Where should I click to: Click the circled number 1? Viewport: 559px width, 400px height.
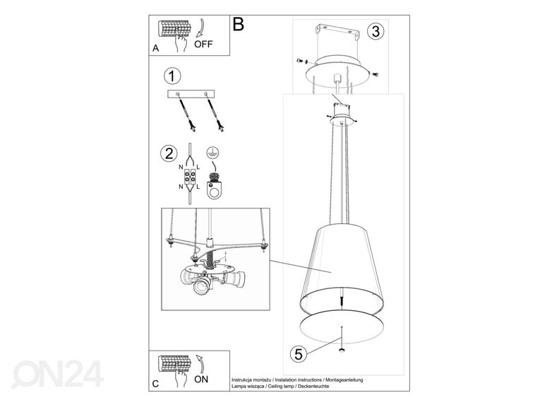tap(172, 76)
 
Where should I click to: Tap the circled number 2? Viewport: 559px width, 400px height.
tap(169, 153)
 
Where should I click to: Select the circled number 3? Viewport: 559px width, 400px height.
tap(375, 31)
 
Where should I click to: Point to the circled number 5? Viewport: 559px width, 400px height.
tap(299, 354)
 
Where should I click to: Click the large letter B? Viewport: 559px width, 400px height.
tap(238, 24)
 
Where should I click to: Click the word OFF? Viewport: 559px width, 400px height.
tap(203, 45)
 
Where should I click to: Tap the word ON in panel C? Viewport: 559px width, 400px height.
tap(201, 380)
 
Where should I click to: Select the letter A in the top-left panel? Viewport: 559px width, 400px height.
tap(155, 48)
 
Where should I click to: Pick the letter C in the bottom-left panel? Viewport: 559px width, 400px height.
tap(155, 384)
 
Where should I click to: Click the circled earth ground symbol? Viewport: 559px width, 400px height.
tap(212, 153)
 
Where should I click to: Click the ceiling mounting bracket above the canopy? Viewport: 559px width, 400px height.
tap(337, 32)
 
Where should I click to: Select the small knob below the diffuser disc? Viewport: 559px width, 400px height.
tap(342, 350)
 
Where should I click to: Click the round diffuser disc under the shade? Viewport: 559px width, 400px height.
tap(342, 327)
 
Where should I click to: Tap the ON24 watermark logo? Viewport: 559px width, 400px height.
tap(58, 374)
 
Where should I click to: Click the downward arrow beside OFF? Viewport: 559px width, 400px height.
tap(200, 28)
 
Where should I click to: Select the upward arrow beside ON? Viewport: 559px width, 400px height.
tap(200, 363)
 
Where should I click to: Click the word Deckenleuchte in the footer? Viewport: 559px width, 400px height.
tap(313, 386)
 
